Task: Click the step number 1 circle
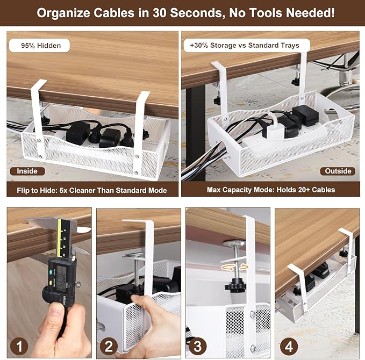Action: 20,343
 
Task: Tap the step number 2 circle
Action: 110,343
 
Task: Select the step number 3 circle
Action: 199,343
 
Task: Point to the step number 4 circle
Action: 288,343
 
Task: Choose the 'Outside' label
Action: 338,171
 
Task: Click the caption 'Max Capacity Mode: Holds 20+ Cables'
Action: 271,190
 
